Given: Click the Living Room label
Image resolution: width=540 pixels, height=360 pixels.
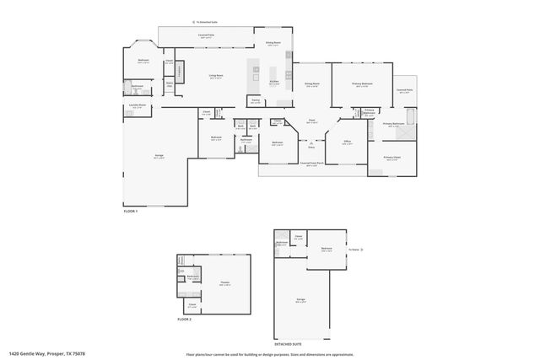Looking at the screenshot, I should point(216,76).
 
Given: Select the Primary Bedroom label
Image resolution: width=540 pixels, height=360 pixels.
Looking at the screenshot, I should point(361,84).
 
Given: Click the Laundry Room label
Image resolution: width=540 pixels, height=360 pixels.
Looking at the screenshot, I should point(138,105).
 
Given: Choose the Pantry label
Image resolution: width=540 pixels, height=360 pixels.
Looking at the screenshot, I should point(255,101).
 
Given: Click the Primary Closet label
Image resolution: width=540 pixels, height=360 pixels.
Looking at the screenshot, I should point(392,157).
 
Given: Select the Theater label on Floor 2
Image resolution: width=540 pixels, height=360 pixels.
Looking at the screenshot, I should point(224,283).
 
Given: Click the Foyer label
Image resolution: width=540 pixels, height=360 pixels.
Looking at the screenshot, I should point(310,121).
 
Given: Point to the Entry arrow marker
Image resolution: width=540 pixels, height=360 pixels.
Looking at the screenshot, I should point(311,142).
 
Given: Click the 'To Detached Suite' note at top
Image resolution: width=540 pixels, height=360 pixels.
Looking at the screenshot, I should point(205,24).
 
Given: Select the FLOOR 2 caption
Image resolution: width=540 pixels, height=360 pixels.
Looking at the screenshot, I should point(184,320).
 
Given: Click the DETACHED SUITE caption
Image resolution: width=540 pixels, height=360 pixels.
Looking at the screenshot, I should point(287,343).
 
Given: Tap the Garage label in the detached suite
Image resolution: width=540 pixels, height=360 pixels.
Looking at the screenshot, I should point(300,299).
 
